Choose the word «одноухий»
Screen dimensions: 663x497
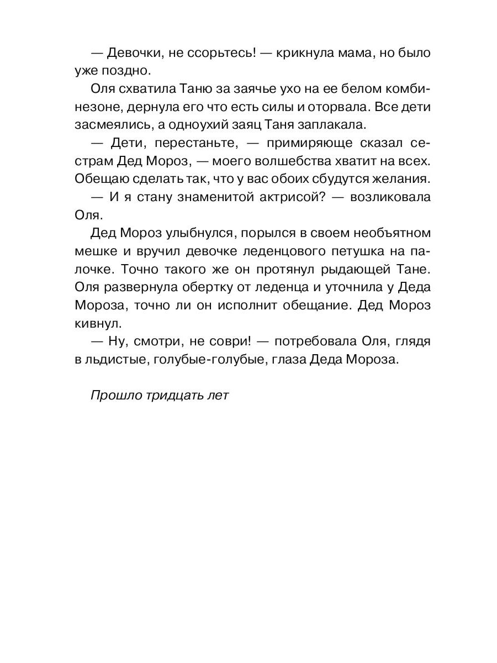coord(208,124)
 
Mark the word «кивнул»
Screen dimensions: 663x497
coord(96,320)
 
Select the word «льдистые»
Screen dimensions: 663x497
coord(114,359)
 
